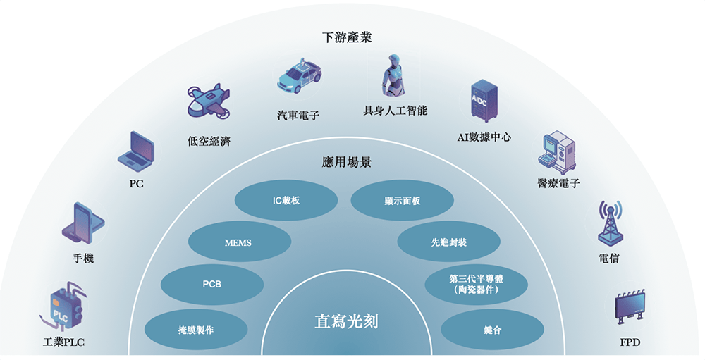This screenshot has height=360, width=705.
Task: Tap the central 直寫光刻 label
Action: (x=346, y=322)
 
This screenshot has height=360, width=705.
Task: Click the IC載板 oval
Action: (x=286, y=201)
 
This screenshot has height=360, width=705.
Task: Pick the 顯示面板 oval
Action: (x=403, y=201)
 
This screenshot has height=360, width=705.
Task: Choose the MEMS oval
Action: (x=238, y=243)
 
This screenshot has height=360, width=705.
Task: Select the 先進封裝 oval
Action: (x=448, y=242)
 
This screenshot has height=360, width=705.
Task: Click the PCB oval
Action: (x=212, y=285)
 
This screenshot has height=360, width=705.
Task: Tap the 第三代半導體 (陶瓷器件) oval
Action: (x=477, y=284)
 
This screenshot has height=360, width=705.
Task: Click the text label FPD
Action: (x=630, y=345)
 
